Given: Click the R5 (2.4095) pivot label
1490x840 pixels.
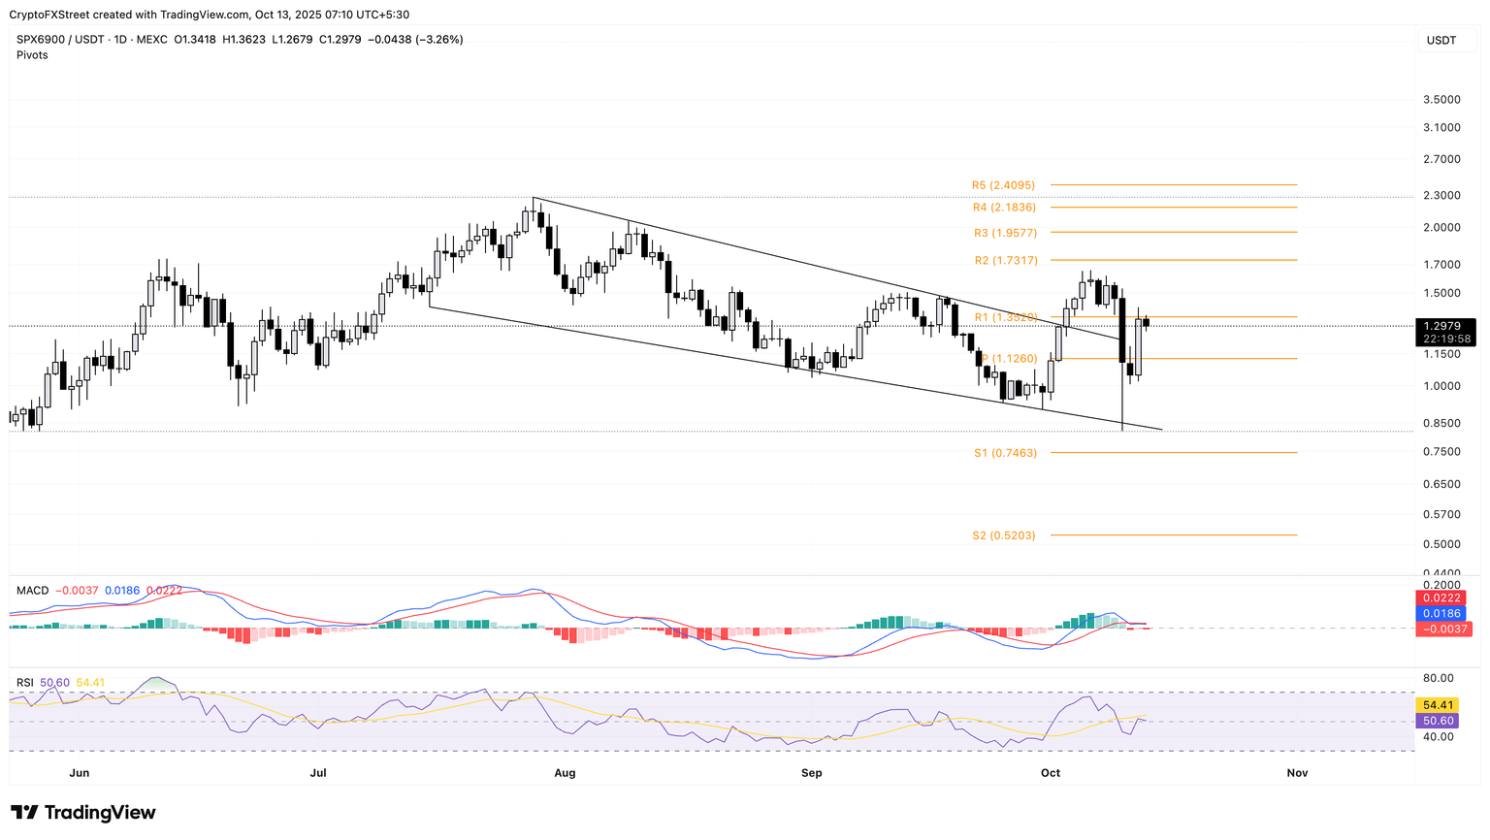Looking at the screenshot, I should click(1003, 185).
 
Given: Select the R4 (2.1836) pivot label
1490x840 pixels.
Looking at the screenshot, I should click(1004, 208).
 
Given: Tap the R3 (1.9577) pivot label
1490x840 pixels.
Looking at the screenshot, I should click(1005, 233).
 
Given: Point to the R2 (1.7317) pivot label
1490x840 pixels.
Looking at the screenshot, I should click(1006, 261).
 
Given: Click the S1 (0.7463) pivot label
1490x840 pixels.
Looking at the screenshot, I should click(1005, 453).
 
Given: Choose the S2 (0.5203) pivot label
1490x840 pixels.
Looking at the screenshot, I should click(1003, 535).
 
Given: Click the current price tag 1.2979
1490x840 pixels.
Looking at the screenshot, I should click(1444, 326).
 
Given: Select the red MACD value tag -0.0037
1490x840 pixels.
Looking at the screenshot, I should click(1444, 630).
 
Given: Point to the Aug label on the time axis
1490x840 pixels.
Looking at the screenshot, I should click(565, 773).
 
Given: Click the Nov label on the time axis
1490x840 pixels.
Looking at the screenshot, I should click(1297, 773).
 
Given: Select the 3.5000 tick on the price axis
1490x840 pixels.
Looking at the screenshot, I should click(1441, 100).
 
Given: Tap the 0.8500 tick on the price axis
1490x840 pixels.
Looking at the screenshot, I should click(1441, 423).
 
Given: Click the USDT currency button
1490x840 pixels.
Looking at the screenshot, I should click(1441, 41).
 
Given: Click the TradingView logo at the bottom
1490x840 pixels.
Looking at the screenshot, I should click(83, 813).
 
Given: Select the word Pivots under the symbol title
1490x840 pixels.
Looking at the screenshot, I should click(32, 55).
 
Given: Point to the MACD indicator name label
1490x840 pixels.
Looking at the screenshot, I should click(32, 591).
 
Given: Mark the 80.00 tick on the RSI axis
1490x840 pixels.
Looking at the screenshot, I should click(1439, 678).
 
